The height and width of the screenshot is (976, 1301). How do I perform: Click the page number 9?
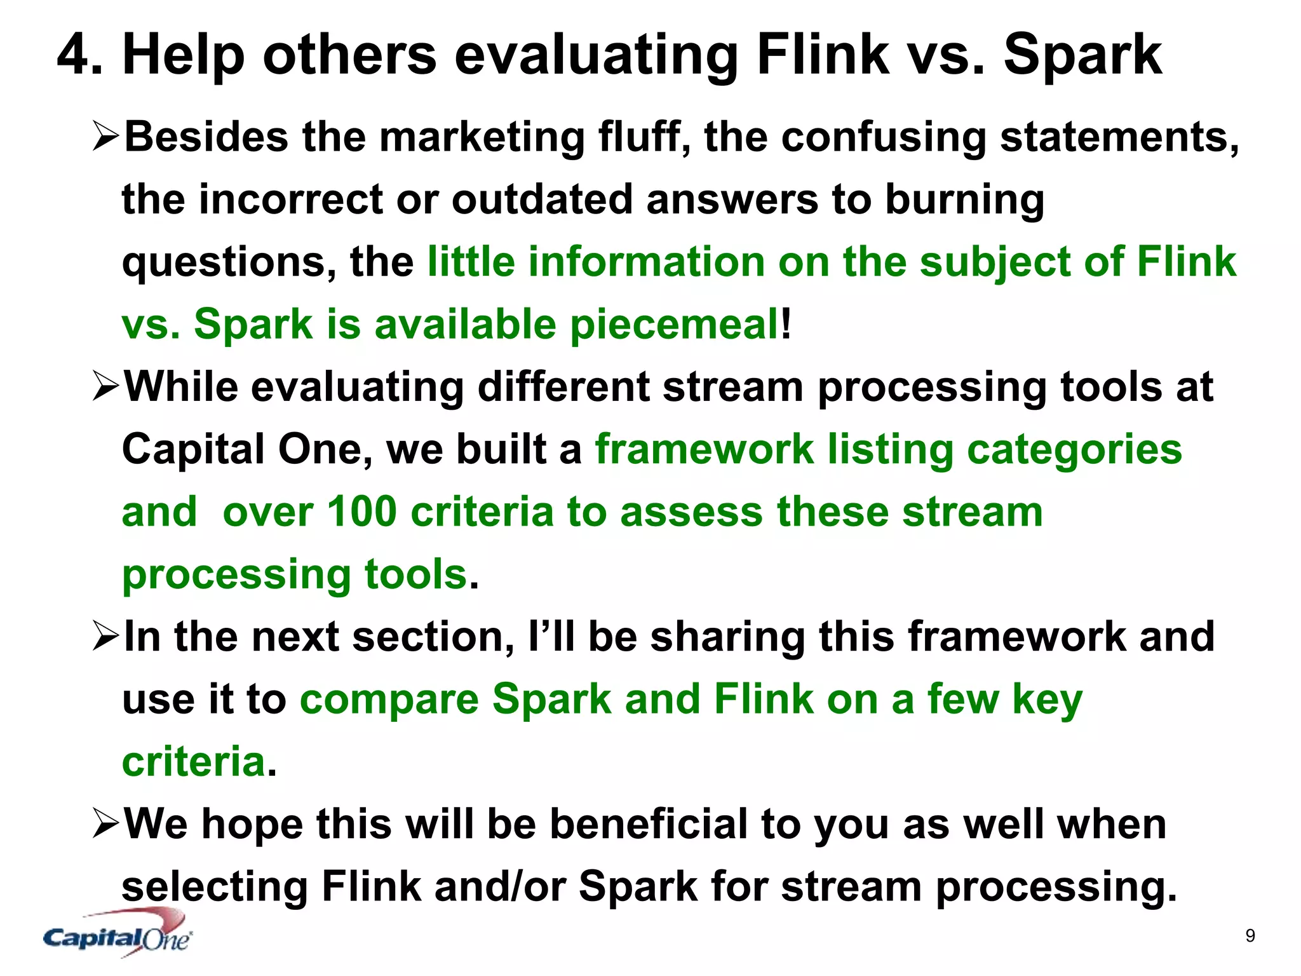pos(1250,935)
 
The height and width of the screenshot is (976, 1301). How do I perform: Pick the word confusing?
pos(883,138)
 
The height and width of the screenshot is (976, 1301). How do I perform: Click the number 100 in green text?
pos(362,512)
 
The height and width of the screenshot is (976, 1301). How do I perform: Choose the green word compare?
pos(389,700)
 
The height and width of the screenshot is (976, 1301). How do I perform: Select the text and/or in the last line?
pos(500,886)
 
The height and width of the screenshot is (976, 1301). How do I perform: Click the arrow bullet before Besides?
pos(105,137)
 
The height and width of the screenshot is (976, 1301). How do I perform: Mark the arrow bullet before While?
pos(105,386)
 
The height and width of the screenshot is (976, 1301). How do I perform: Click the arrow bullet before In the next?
pos(105,637)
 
